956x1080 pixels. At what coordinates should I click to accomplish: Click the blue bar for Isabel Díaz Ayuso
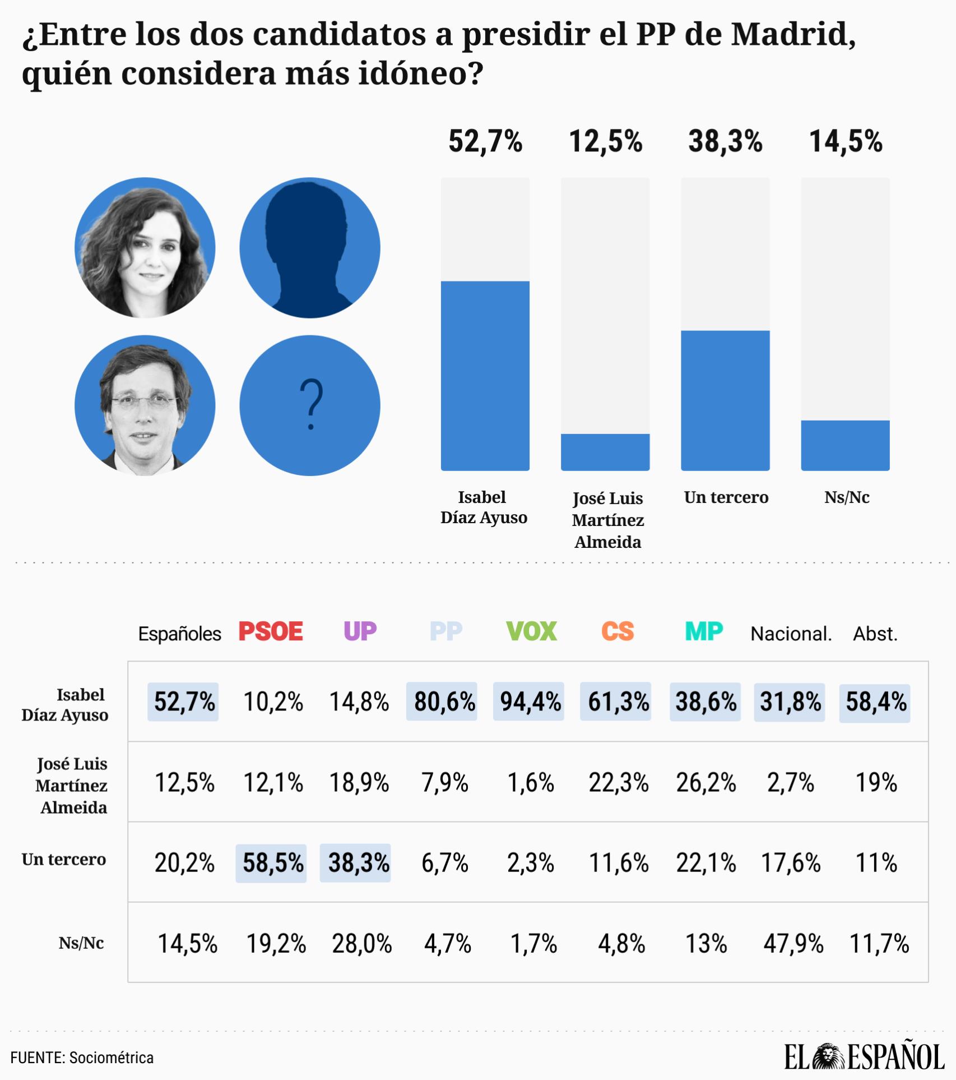[485, 376]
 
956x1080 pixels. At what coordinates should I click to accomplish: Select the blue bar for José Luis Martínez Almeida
[605, 452]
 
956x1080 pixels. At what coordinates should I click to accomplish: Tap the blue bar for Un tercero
[725, 400]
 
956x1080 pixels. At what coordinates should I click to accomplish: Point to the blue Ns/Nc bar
[845, 445]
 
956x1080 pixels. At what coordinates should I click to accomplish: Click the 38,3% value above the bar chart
[725, 141]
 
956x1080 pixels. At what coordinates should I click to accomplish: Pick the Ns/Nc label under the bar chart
[846, 497]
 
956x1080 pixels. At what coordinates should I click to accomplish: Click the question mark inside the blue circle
[311, 404]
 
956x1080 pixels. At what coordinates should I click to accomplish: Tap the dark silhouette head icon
[308, 247]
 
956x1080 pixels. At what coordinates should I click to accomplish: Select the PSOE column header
[271, 631]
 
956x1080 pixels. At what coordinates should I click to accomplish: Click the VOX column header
[531, 631]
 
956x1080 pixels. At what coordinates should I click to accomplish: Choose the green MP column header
[704, 631]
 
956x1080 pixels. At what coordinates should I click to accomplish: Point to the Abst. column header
[875, 634]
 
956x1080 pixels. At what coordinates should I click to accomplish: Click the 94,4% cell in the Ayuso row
[530, 701]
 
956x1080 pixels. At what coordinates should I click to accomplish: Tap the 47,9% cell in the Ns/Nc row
[793, 944]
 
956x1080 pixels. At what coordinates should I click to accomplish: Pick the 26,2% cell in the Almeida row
[706, 782]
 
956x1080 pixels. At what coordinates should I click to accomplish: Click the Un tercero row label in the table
[64, 859]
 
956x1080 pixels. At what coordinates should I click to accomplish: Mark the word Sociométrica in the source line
[112, 1058]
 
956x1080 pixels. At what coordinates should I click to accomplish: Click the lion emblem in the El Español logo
[829, 1057]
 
